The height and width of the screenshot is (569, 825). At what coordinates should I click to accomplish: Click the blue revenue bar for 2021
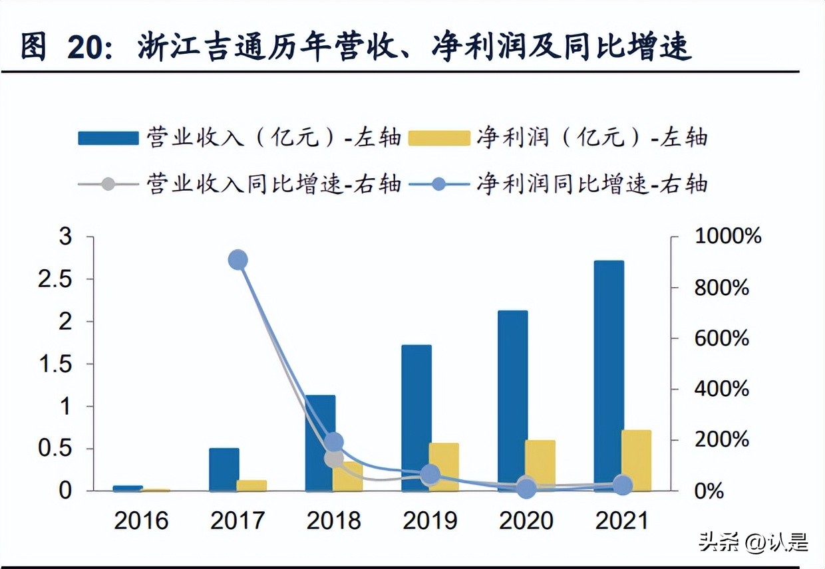(x=609, y=376)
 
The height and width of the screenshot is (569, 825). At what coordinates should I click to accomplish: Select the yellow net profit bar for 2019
(x=444, y=467)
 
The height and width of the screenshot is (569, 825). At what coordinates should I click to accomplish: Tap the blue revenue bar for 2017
(x=224, y=469)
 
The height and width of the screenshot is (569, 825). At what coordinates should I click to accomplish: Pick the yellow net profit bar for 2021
(x=636, y=461)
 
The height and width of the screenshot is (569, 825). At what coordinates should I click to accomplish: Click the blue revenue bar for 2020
(x=512, y=401)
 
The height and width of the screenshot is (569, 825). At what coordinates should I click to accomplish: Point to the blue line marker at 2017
(x=238, y=260)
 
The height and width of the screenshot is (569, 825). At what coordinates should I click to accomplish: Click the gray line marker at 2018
(x=335, y=458)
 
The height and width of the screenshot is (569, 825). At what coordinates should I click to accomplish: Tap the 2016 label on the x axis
(x=141, y=520)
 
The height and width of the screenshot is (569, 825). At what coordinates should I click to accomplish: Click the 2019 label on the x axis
(x=430, y=520)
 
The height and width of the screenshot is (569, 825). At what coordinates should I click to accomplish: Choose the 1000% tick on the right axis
(x=727, y=237)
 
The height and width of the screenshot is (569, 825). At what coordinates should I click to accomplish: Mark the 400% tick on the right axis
(x=722, y=389)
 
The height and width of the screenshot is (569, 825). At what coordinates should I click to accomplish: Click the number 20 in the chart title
(x=87, y=48)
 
